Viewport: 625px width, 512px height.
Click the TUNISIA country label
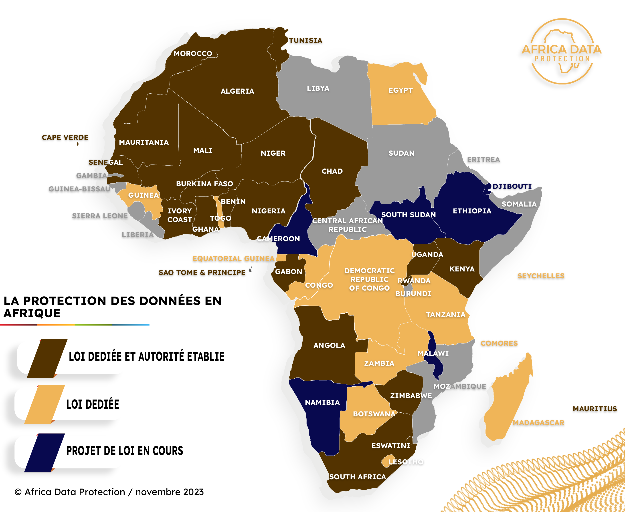click(305, 40)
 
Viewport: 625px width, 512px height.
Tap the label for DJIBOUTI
click(512, 186)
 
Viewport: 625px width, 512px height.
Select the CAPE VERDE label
click(65, 137)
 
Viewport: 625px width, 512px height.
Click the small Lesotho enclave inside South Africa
click(386, 461)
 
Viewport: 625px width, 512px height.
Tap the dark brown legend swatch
click(47, 358)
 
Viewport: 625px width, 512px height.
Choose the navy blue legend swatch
click(44, 452)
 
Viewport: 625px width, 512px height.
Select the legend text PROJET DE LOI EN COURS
click(125, 451)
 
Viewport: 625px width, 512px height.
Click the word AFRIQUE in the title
click(32, 313)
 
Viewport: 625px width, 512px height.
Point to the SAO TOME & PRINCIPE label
click(202, 273)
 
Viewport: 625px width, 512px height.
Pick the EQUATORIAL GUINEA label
click(233, 259)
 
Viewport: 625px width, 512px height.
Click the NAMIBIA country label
click(322, 402)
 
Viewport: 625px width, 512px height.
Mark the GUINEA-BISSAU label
click(79, 189)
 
